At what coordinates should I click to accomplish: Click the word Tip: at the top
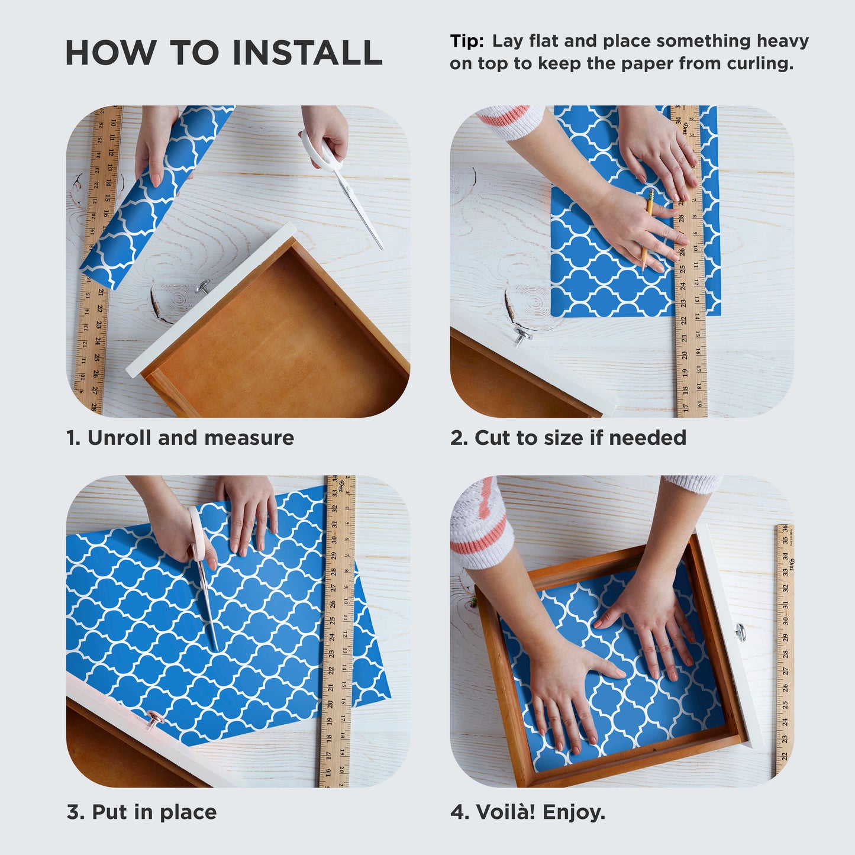[x=467, y=41]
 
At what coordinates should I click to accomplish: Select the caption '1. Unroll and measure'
[x=180, y=438]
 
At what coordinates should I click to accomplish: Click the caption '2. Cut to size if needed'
[x=569, y=438]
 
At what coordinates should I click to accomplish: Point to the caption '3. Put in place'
[x=142, y=812]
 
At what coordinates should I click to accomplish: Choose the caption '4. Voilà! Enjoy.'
[x=528, y=812]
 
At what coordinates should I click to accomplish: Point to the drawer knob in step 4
[x=740, y=633]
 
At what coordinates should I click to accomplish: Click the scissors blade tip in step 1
[x=382, y=249]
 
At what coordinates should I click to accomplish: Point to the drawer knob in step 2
[x=522, y=336]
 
